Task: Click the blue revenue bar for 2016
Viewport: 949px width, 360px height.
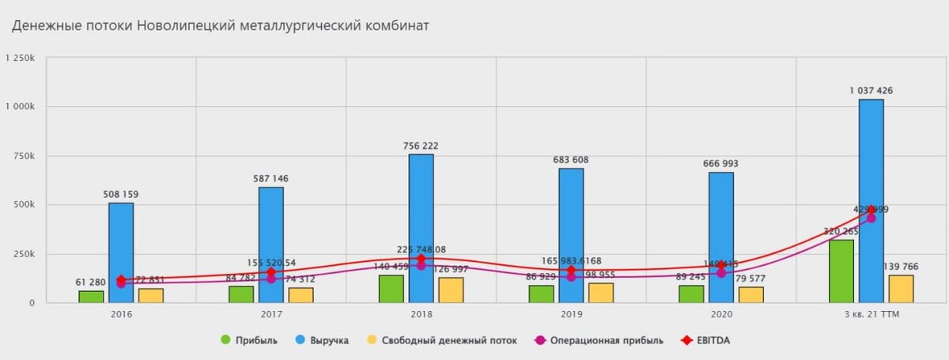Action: pos(121,253)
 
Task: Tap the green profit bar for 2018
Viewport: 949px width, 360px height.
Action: pos(391,289)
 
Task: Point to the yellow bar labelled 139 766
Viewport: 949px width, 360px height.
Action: pos(901,289)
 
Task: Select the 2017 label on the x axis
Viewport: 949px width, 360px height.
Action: pos(271,314)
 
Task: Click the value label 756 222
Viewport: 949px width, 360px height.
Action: pos(420,146)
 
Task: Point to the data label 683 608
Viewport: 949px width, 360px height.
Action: pos(570,160)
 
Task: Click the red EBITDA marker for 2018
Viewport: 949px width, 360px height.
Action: pos(421,259)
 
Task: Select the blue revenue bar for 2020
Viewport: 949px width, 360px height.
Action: pos(721,237)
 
